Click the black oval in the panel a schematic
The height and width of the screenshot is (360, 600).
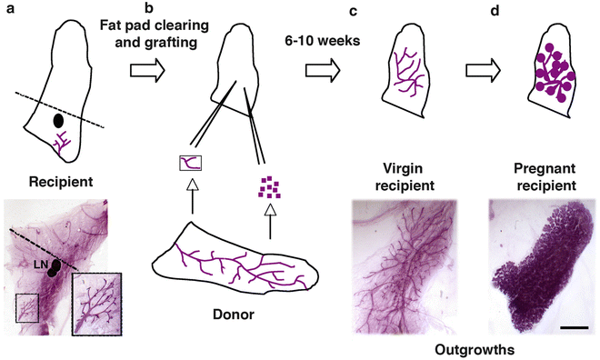tap(58, 119)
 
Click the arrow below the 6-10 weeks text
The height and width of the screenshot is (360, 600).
tap(323, 69)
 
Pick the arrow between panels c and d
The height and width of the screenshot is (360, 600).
tap(485, 69)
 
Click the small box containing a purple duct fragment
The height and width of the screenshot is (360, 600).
tap(192, 164)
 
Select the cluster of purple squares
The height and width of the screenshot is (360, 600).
tap(269, 186)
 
